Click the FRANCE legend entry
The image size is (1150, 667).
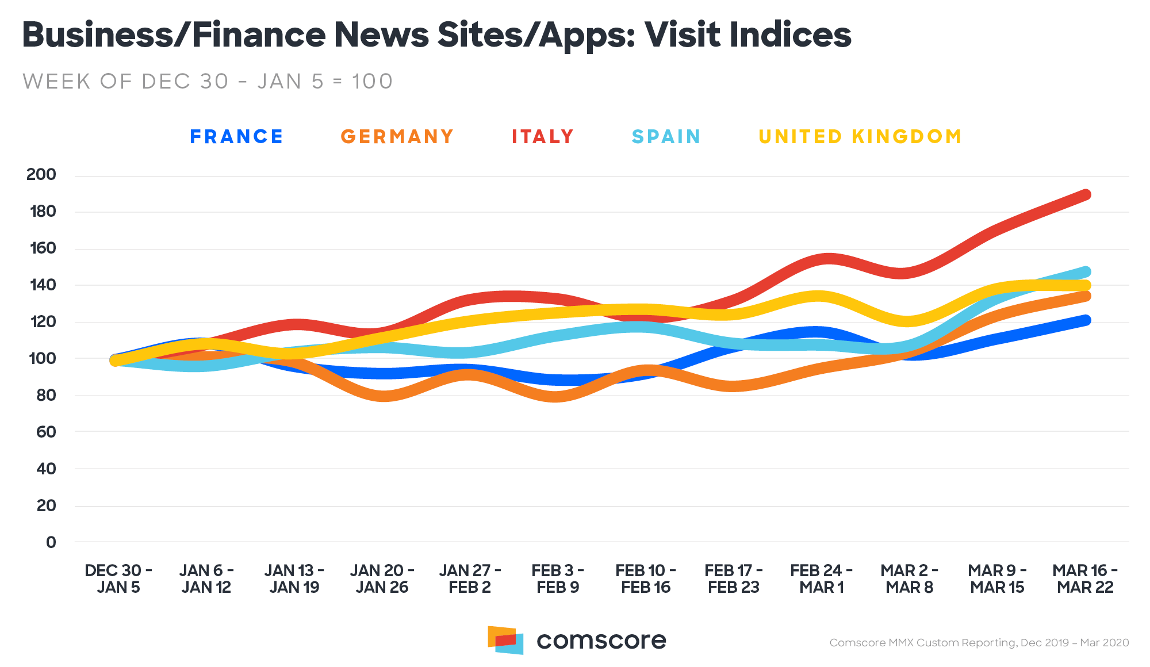click(236, 137)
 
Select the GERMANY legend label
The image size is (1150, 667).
click(397, 137)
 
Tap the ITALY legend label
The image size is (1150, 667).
click(543, 137)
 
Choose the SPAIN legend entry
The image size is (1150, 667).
click(666, 137)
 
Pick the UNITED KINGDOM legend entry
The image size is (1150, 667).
click(860, 137)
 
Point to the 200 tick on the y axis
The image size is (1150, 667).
click(41, 175)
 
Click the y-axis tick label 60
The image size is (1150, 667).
click(46, 432)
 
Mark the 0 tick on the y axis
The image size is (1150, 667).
click(51, 542)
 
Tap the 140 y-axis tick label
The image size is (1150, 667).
click(42, 285)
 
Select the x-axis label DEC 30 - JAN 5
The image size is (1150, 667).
click(118, 579)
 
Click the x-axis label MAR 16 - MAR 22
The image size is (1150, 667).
click(1085, 579)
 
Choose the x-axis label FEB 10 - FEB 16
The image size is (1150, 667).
click(646, 579)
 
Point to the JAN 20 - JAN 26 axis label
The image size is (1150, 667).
click(382, 579)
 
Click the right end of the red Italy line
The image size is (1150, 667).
click(1086, 195)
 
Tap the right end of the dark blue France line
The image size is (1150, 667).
click(1086, 320)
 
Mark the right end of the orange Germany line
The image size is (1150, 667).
click(1086, 296)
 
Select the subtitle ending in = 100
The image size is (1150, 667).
click(208, 82)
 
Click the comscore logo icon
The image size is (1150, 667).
click(505, 640)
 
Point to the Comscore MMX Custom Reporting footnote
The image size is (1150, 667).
click(979, 643)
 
